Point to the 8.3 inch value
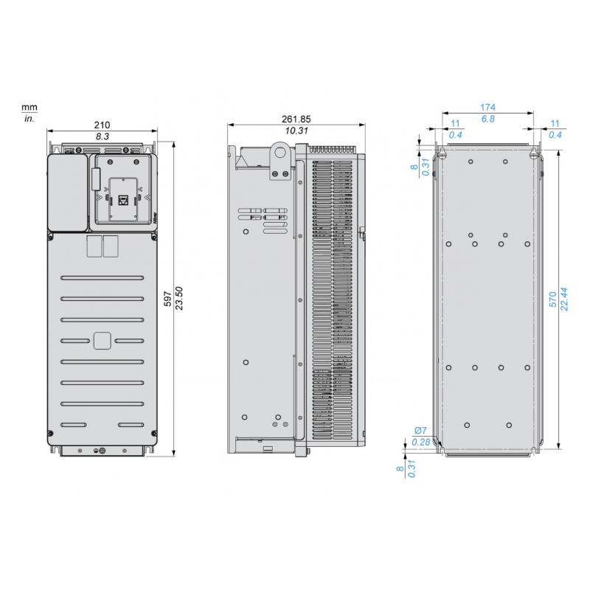[x=103, y=137]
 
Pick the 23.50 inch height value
[x=179, y=297]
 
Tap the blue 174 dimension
[x=487, y=108]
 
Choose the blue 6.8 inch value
[x=487, y=119]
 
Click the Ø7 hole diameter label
[x=420, y=431]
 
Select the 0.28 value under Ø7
[x=420, y=442]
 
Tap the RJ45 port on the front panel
[x=122, y=198]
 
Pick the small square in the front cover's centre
[x=103, y=340]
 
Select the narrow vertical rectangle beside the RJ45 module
[x=95, y=179]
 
